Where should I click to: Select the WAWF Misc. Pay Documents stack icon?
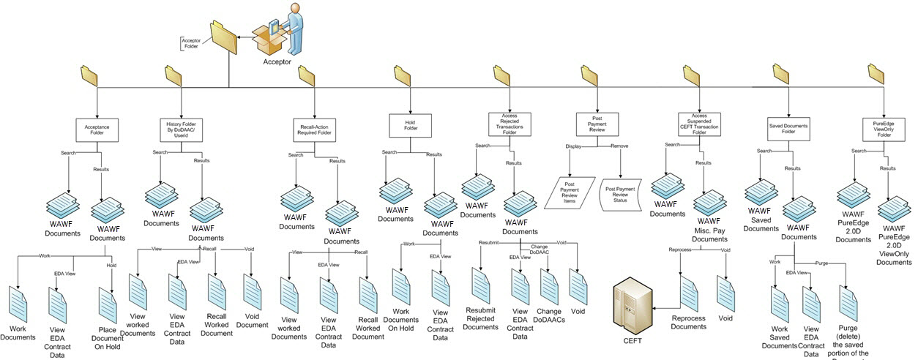tap(709, 202)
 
